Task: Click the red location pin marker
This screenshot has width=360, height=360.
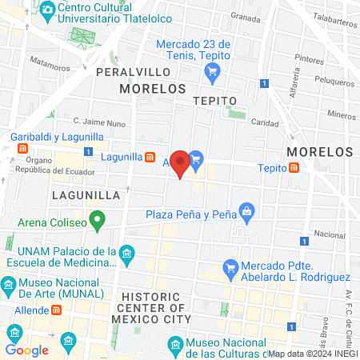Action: (181, 163)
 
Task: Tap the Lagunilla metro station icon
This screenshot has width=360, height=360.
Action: (150, 157)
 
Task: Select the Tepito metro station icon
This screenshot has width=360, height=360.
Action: (295, 168)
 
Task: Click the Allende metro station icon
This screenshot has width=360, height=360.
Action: (57, 310)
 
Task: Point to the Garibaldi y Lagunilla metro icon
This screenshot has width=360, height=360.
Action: (23, 149)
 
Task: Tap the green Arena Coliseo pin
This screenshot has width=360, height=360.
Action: (98, 218)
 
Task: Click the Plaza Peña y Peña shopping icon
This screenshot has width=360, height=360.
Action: (246, 212)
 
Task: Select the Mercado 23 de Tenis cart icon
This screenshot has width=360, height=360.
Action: (212, 73)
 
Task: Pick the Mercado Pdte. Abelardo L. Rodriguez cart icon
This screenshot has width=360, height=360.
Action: (231, 267)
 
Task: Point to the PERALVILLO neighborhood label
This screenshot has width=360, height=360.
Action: (129, 72)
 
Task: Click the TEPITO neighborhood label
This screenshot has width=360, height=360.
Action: (214, 101)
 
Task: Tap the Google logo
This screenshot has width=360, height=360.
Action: (26, 350)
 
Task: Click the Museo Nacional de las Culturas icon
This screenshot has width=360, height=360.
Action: (176, 344)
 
